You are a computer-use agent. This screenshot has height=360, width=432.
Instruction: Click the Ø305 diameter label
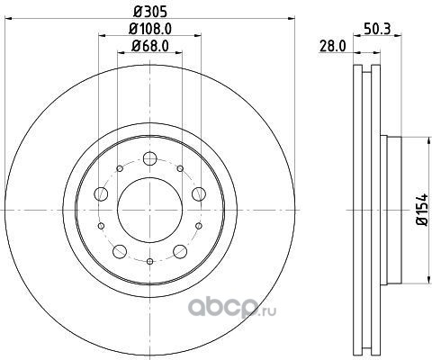(149, 12)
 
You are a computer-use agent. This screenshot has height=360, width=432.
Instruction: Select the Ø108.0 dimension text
(149, 29)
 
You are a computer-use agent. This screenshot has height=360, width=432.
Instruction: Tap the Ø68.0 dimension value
(149, 46)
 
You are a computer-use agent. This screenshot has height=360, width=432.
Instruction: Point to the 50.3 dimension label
(377, 29)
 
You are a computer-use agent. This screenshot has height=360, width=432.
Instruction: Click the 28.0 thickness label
(333, 47)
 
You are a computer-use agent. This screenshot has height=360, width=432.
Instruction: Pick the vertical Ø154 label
(421, 210)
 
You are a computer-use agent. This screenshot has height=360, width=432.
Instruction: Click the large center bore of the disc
(149, 210)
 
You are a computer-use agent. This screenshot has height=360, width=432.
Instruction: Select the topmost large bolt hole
(149, 158)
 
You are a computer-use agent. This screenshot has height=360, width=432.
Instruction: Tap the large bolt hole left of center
(101, 193)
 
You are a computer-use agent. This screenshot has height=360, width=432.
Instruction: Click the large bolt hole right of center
(199, 193)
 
